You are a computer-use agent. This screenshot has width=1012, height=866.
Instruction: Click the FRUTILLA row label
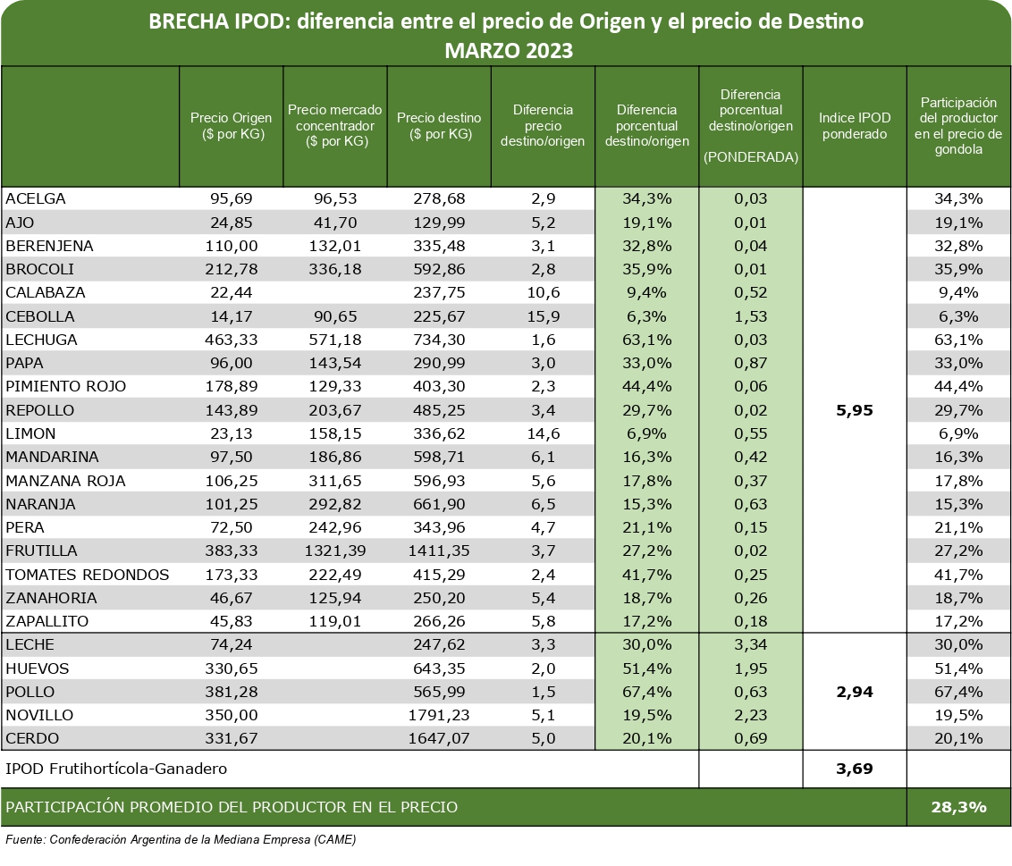pyautogui.click(x=41, y=551)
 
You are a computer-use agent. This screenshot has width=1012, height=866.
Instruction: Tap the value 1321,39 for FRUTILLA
pyautogui.click(x=335, y=551)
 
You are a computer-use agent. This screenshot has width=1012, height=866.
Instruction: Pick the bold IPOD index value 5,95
pyautogui.click(x=854, y=410)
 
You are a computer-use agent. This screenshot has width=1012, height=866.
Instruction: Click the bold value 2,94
pyautogui.click(x=854, y=692)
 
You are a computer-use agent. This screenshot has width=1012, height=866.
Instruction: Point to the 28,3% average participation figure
pyautogui.click(x=958, y=807)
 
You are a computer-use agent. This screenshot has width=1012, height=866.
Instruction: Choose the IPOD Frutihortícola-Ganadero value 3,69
pyautogui.click(x=854, y=768)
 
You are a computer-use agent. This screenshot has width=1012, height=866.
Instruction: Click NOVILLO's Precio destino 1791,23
pyautogui.click(x=439, y=715)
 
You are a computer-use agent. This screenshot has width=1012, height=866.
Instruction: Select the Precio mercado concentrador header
pyautogui.click(x=335, y=125)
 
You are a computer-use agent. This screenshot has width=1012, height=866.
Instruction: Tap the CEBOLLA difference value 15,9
pyautogui.click(x=543, y=316)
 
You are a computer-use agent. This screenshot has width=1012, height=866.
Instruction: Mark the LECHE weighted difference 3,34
pyautogui.click(x=751, y=645)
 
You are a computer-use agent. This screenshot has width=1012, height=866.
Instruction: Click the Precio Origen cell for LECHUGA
pyautogui.click(x=232, y=340)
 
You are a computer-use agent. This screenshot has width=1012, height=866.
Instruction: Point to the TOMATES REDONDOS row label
pyautogui.click(x=88, y=574)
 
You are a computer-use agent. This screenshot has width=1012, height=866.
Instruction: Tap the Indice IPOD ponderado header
pyautogui.click(x=854, y=126)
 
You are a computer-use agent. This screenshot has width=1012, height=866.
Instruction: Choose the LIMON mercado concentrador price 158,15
pyautogui.click(x=335, y=433)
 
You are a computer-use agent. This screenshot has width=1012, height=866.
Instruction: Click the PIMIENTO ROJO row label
pyautogui.click(x=66, y=386)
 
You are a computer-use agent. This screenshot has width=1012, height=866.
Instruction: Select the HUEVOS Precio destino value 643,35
pyautogui.click(x=439, y=668)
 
